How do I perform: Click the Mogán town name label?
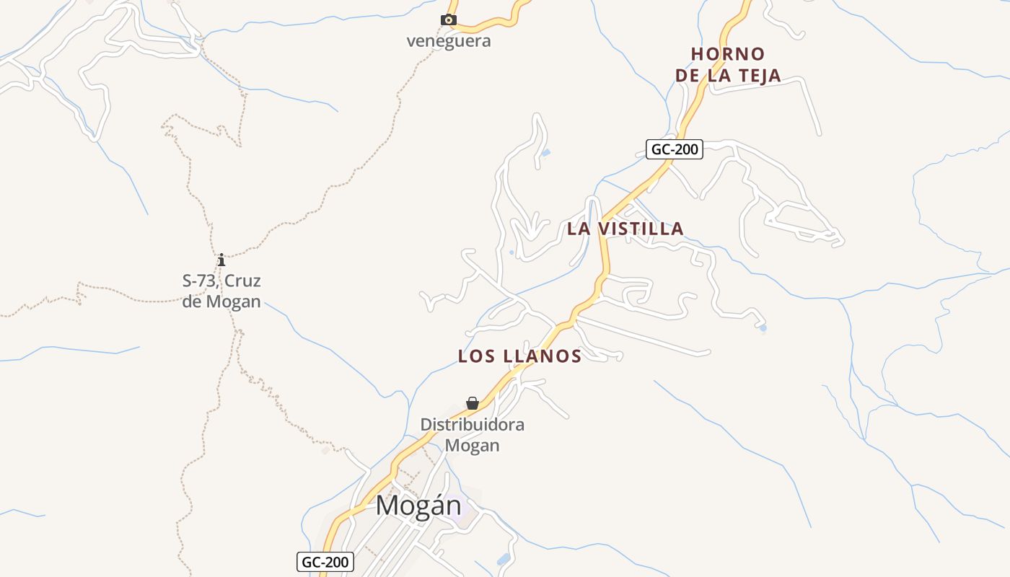[x=418, y=506]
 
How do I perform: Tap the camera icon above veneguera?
[x=449, y=20]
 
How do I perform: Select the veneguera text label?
[x=449, y=41]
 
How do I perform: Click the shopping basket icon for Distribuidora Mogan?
[x=473, y=403]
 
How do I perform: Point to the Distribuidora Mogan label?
[x=473, y=435]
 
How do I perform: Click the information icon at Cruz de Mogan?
[x=221, y=260]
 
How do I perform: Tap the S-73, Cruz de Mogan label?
[x=221, y=291]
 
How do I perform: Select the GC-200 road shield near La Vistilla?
[x=675, y=150]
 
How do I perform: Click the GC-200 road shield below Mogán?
[x=325, y=562]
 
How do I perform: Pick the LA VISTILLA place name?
[x=625, y=229]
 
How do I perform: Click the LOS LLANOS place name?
[x=520, y=356]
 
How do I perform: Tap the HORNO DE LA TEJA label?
[x=728, y=65]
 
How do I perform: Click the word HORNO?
[x=728, y=54]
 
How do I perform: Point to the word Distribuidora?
[x=473, y=425]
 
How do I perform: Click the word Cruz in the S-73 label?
[x=242, y=281]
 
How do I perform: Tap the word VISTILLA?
[x=643, y=229]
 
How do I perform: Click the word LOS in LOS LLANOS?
[x=476, y=356]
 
